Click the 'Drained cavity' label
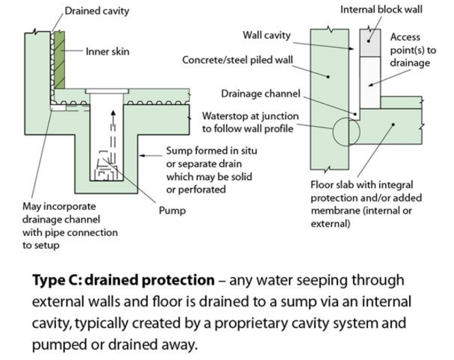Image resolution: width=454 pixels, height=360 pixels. pos(96,11)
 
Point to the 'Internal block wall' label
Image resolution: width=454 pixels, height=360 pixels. pos(382,10)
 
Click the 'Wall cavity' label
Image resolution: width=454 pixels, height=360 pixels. pos(267,35)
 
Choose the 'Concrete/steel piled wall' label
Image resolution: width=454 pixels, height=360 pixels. pos(237,60)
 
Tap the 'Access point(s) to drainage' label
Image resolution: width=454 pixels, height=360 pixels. pos(410,50)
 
